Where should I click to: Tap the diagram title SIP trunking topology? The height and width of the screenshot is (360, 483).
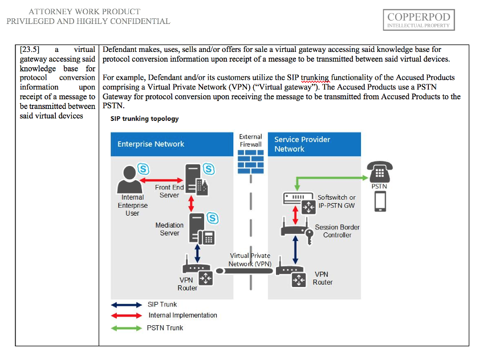(x=144, y=119)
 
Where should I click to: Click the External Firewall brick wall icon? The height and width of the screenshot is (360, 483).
(x=250, y=163)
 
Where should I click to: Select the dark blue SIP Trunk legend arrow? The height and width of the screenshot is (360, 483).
(x=126, y=305)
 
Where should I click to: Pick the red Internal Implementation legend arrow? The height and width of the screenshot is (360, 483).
(x=126, y=315)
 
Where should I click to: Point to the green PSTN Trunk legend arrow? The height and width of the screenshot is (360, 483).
(x=126, y=328)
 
